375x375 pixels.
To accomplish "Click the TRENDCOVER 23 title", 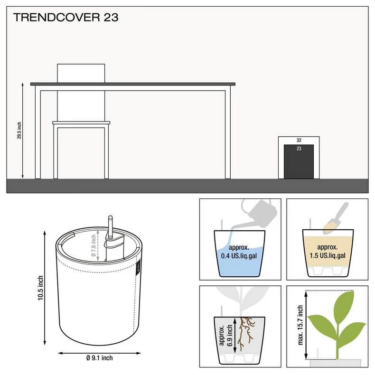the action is [66, 18].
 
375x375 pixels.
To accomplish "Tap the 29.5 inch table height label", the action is [19, 131].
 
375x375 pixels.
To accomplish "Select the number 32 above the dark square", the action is [299, 140].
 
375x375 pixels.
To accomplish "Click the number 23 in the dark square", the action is [299, 149].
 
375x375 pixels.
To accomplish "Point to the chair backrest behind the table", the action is [81, 73].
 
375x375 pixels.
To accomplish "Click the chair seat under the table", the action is [81, 123].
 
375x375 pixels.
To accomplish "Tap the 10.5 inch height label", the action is [40, 288].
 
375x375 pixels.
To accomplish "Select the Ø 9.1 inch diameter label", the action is [100, 358].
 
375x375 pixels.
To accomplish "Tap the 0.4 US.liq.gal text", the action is [239, 256].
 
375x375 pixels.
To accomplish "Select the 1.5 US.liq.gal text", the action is [328, 256].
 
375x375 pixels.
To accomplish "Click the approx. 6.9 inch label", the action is [226, 335].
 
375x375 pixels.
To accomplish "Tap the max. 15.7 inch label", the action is [300, 325].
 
